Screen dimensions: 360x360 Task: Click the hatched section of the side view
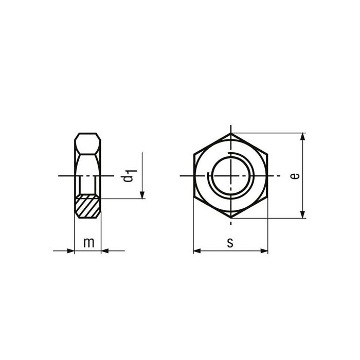(x=88, y=207)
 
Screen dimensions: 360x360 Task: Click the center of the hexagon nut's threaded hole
(x=230, y=176)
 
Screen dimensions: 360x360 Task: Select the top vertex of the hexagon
(x=230, y=133)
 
